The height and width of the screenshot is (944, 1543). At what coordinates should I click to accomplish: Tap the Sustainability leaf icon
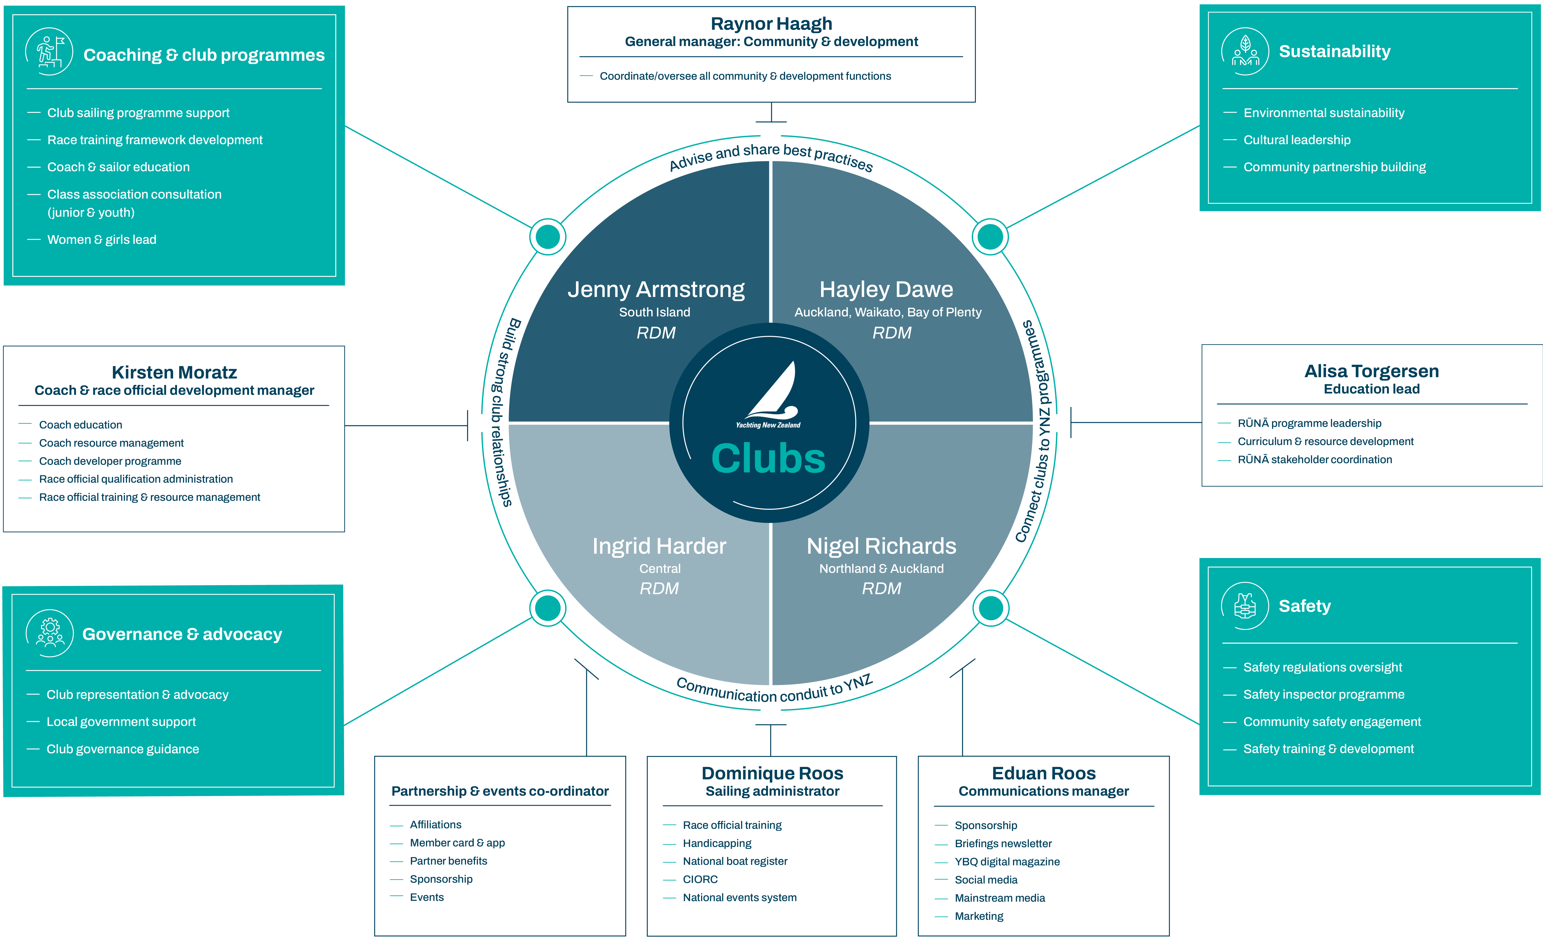coord(1245,51)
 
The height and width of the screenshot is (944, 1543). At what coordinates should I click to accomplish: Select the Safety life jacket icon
coord(1245,606)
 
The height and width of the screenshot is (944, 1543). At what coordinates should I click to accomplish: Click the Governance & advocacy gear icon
coord(50,633)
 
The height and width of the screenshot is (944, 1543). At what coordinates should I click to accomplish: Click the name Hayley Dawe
coord(886,289)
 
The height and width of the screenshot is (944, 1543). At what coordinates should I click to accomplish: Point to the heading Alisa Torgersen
coord(1372,371)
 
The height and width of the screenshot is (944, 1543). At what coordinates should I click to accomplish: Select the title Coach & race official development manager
coord(174,390)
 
